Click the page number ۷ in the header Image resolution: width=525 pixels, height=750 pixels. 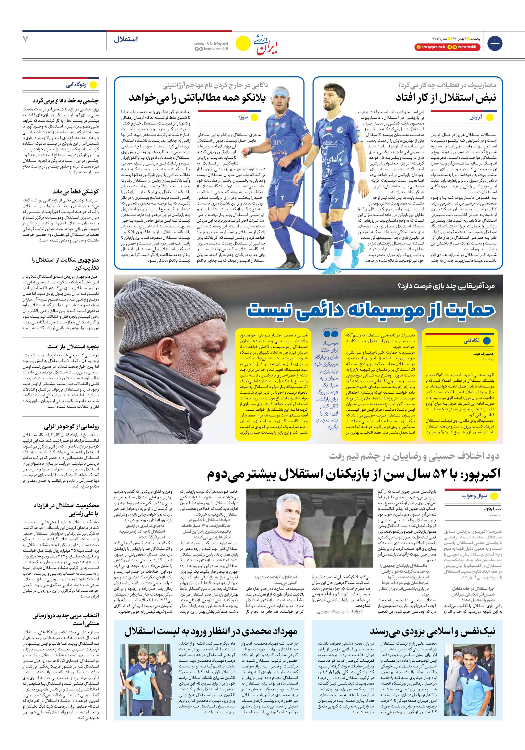click(x=25, y=39)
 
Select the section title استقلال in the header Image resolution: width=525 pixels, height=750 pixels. click(x=126, y=39)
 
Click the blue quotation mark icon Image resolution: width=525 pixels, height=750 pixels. click(x=330, y=333)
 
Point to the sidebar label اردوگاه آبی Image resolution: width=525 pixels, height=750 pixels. click(x=77, y=85)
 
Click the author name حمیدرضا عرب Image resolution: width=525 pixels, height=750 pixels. click(x=483, y=354)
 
